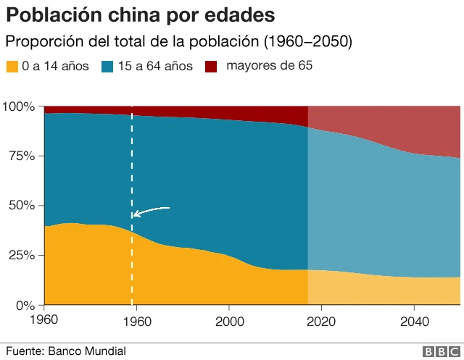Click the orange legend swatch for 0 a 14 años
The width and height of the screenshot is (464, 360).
tap(12, 67)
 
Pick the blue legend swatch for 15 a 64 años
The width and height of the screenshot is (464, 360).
tap(107, 67)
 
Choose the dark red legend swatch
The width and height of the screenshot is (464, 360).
tap(211, 67)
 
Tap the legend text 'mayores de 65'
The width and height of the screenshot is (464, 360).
tap(269, 66)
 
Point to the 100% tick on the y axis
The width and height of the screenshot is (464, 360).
tap(19, 106)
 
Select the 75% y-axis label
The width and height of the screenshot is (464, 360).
tap(22, 156)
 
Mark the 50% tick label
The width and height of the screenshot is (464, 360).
tap(22, 205)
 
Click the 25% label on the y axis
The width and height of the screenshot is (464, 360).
tap(22, 255)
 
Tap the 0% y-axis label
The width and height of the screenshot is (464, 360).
tap(25, 305)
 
